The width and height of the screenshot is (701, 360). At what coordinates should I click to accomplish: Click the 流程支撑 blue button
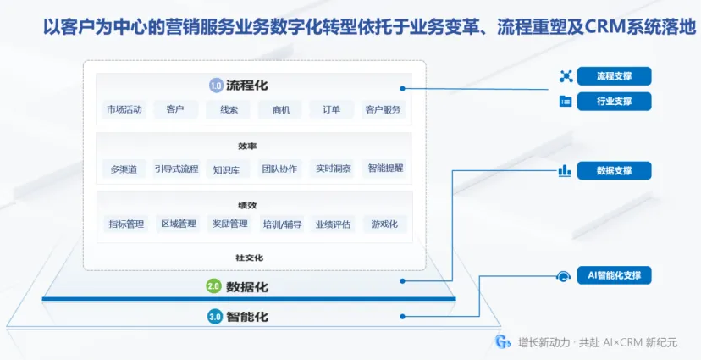click(x=614, y=76)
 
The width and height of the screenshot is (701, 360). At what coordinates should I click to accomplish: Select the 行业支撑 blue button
click(x=614, y=102)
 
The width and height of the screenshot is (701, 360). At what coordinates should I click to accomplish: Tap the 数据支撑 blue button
click(x=614, y=170)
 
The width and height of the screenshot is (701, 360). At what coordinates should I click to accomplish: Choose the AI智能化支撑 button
click(x=614, y=275)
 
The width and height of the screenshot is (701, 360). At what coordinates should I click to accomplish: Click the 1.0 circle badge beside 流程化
click(x=216, y=86)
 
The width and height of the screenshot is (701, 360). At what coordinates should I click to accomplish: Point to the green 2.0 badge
click(x=213, y=286)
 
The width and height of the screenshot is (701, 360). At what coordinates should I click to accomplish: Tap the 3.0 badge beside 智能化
click(x=214, y=317)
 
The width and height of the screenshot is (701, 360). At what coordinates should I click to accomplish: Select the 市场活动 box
click(x=124, y=109)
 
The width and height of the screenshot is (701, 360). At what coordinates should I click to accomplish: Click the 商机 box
click(x=281, y=109)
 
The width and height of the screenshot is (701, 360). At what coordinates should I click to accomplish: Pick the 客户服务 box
click(x=384, y=109)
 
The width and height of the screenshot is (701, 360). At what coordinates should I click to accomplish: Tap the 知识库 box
click(x=227, y=169)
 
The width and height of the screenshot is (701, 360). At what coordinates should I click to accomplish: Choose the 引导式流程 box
click(x=176, y=169)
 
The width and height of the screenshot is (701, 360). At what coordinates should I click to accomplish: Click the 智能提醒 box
click(x=384, y=169)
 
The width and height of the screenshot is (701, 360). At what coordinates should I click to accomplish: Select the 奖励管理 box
click(x=229, y=224)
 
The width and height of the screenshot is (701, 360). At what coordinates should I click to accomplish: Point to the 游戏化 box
click(x=384, y=224)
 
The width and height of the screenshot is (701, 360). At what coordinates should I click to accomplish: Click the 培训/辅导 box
click(x=282, y=224)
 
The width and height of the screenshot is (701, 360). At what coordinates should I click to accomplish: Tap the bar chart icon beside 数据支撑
click(x=565, y=170)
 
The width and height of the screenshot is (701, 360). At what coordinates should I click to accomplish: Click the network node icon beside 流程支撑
click(x=566, y=76)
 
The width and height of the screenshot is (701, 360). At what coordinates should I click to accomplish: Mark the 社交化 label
click(x=250, y=258)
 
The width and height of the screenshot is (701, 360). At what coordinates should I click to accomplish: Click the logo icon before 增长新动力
click(x=503, y=342)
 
